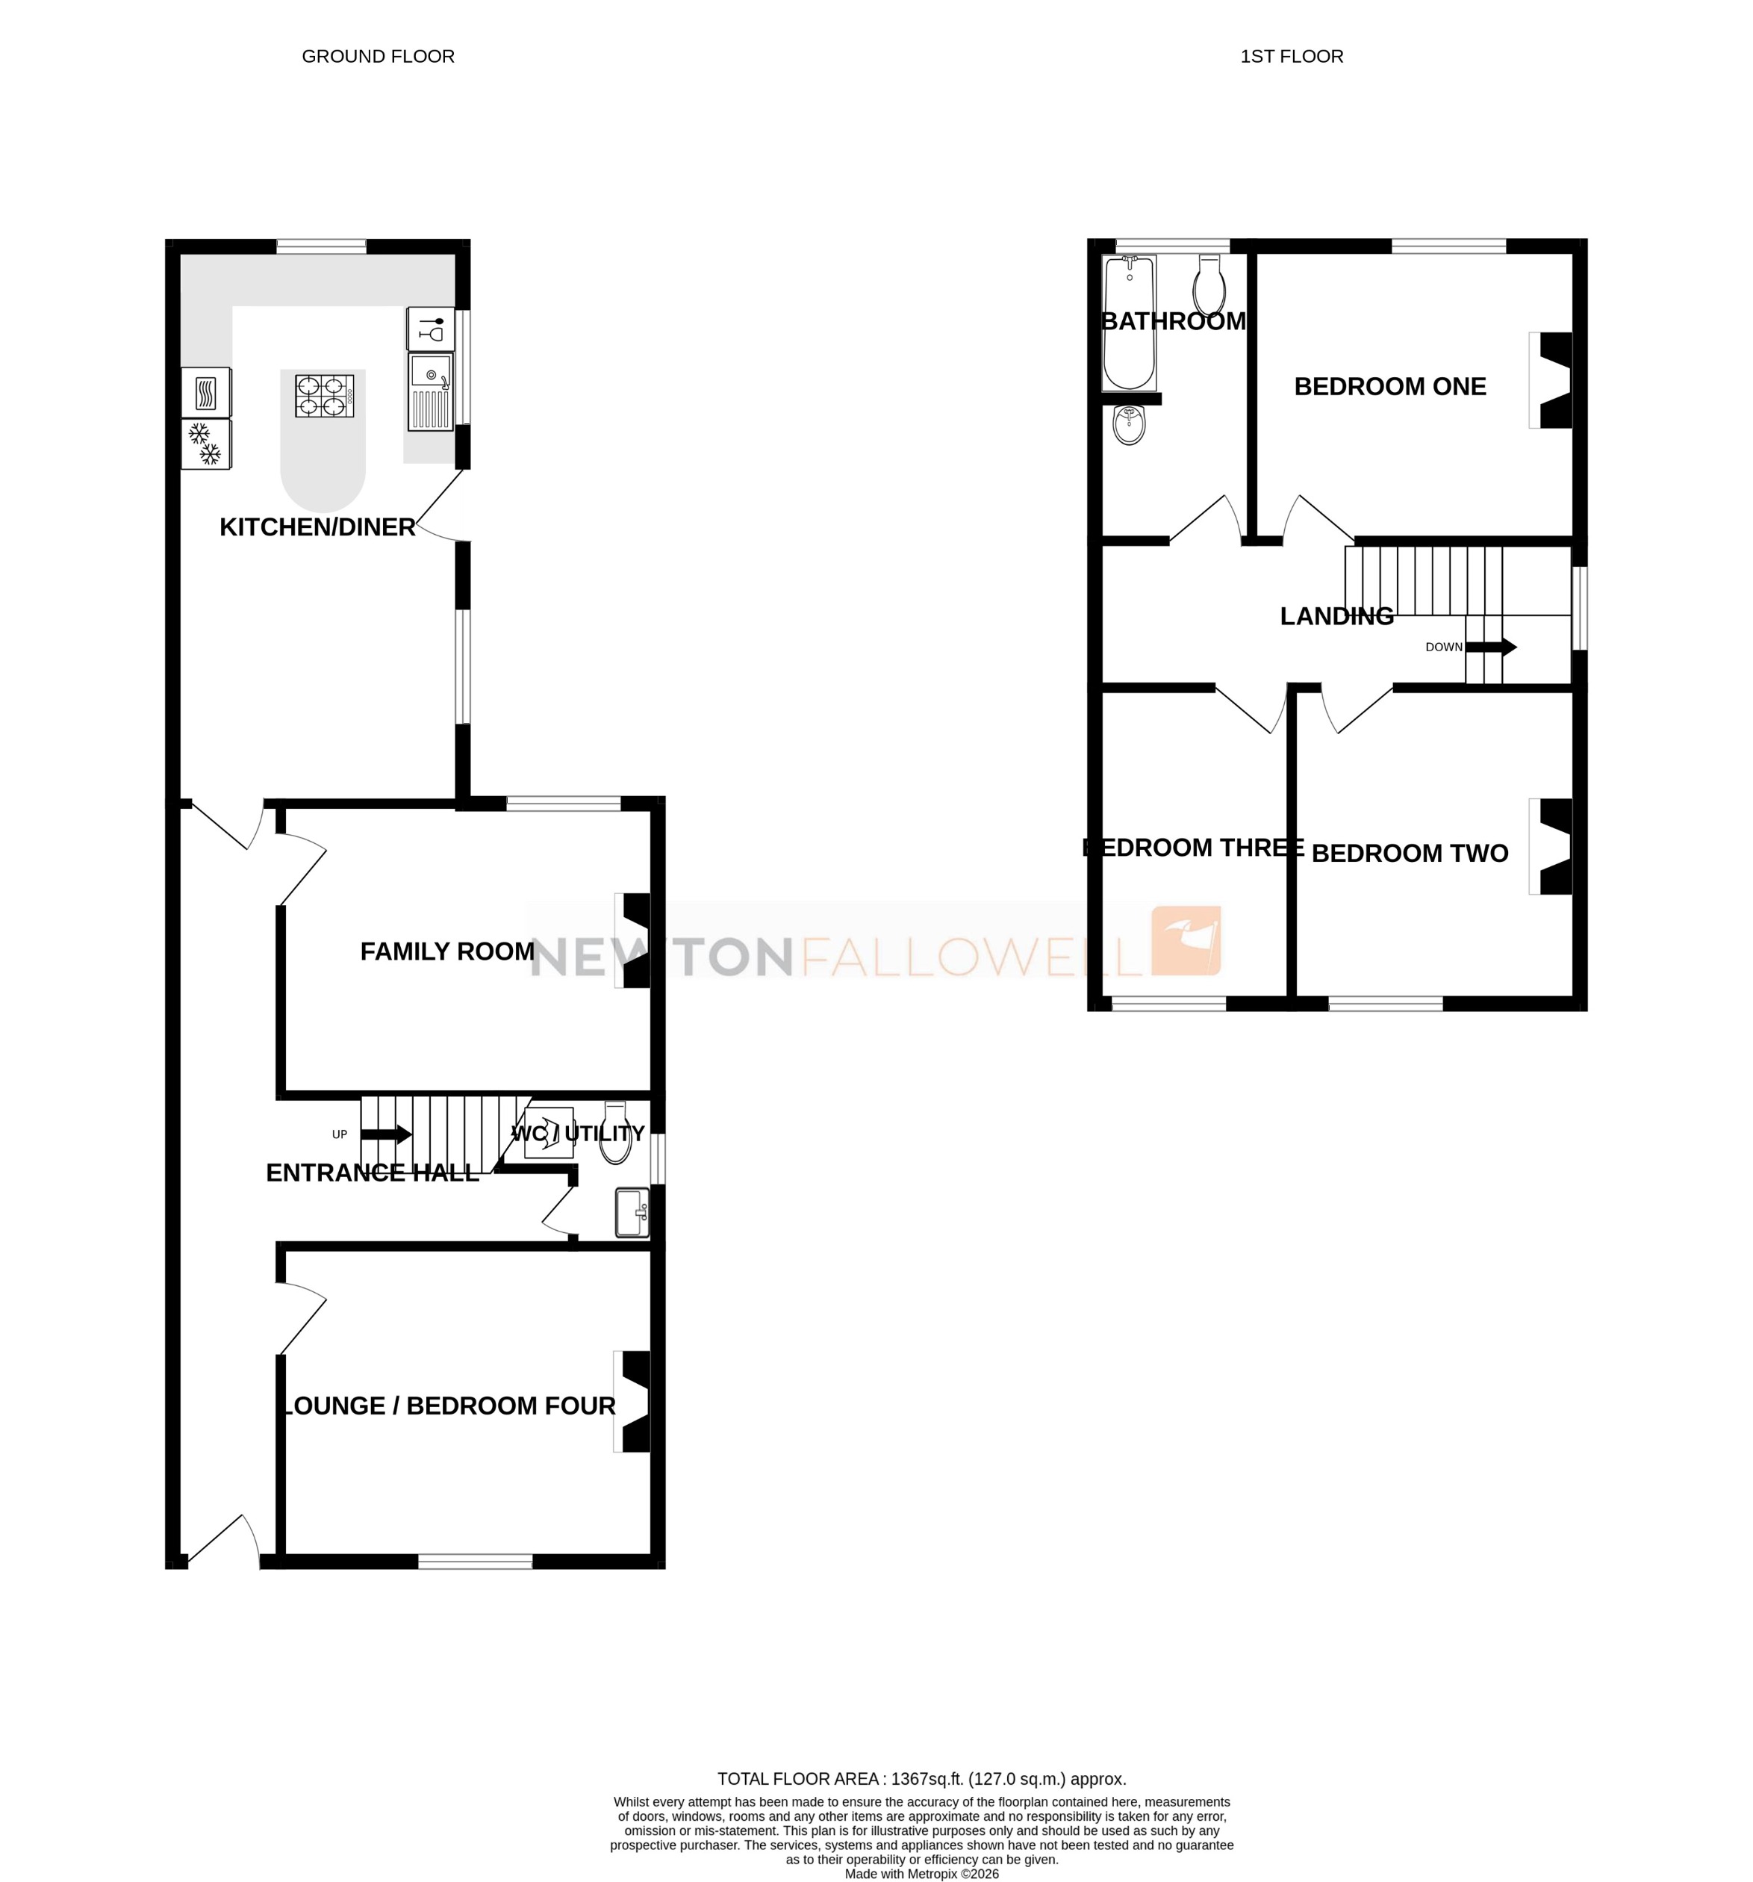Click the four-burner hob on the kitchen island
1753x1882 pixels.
324,396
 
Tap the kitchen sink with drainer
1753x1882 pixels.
431,391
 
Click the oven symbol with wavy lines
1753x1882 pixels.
205,392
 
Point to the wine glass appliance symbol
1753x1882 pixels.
431,329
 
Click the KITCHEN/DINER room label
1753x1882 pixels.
317,527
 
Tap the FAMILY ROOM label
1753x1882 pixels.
446,951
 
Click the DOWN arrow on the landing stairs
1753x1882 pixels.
1492,647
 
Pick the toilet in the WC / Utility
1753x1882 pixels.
615,1135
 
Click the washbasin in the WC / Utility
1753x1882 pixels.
632,1213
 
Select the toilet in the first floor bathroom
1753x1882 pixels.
1209,283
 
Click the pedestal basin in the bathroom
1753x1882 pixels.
1130,425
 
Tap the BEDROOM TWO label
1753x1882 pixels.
1410,853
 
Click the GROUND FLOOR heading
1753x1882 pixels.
378,57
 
